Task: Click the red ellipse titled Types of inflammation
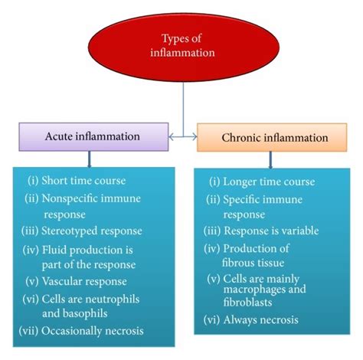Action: point(184,46)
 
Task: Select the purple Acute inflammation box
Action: point(90,137)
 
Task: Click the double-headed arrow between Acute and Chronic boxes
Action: point(184,139)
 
